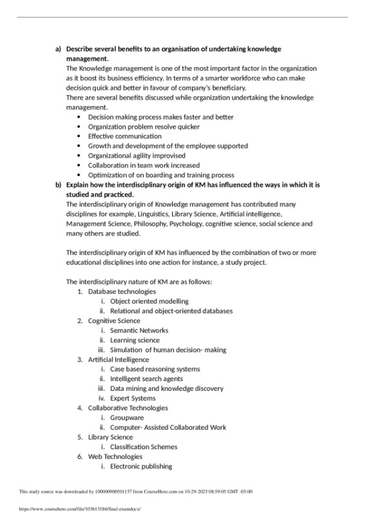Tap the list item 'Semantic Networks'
138,330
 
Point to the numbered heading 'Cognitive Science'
114,320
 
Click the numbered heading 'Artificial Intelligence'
118,359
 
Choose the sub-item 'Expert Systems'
133,398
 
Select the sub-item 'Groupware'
127,417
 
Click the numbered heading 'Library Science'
110,437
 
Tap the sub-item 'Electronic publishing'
141,466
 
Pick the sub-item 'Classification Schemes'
143,446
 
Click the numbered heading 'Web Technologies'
115,456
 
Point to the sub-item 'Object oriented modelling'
149,301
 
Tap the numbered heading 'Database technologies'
122,291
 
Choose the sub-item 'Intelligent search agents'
146,379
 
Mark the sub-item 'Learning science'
135,340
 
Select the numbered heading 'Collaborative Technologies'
127,408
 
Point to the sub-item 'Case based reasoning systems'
155,369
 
